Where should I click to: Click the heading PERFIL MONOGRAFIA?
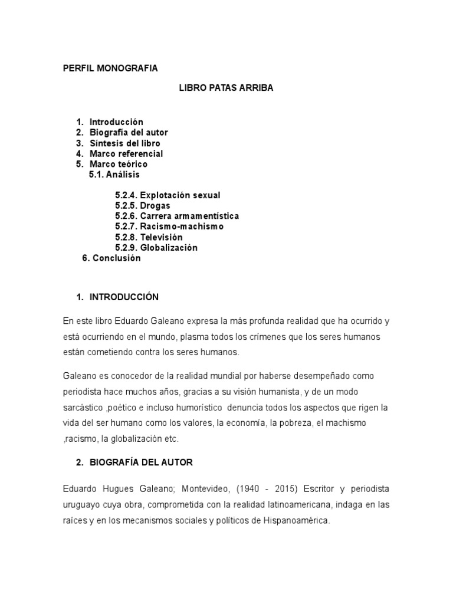[110, 68]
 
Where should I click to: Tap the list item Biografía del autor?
[129, 133]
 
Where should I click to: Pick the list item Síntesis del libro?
[124, 143]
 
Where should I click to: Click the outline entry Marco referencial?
[126, 154]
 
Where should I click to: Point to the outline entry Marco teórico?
[119, 164]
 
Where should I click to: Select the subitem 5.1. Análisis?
[114, 175]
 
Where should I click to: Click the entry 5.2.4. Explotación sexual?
[168, 195]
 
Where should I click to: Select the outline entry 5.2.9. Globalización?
[156, 248]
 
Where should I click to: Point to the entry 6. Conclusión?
[111, 258]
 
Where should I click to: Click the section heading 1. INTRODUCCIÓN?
[118, 297]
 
